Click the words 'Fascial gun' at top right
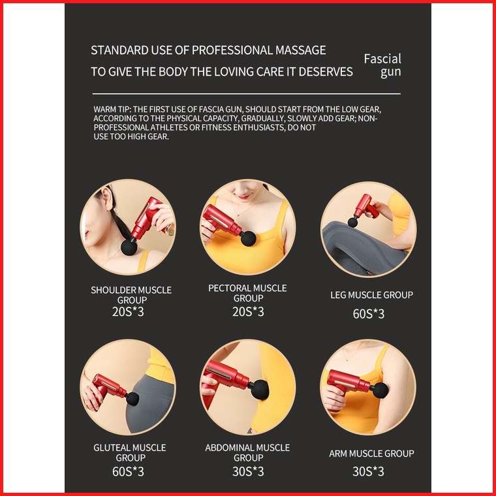(382, 65)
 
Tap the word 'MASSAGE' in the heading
(300, 50)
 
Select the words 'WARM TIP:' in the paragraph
(112, 110)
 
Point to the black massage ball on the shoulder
(129, 247)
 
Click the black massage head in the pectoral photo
(248, 238)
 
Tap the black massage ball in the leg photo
(352, 222)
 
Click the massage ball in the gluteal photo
(132, 399)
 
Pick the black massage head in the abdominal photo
(260, 390)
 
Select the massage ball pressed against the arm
(380, 390)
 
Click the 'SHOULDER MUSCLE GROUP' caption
(131, 295)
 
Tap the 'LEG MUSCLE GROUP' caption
(372, 295)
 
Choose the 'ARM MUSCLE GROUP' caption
(371, 454)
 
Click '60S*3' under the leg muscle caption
(369, 314)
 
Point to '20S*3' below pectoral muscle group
(248, 311)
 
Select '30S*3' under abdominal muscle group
(248, 471)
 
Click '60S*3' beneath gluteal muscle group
(128, 471)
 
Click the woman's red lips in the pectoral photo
(243, 196)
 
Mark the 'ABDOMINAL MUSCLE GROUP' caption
(248, 453)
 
